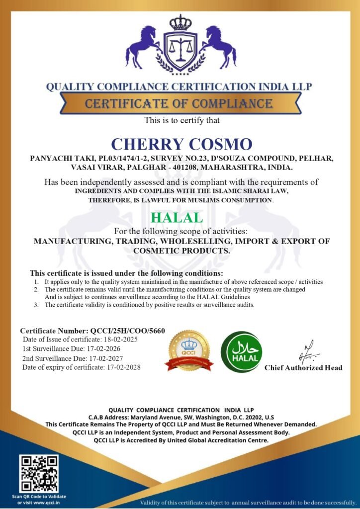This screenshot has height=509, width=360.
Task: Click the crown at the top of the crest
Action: click(180, 22)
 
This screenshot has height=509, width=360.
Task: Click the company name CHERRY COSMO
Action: click(181, 144)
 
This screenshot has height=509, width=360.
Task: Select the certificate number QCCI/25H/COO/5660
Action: click(128, 331)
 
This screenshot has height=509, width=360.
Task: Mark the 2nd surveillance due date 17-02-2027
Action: click(116, 358)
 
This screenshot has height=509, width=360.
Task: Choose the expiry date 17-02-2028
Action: click(124, 367)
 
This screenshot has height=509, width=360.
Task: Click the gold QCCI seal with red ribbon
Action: click(189, 350)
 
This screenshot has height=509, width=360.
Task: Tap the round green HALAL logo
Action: click(242, 352)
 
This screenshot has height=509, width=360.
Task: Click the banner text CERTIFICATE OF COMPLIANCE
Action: click(179, 104)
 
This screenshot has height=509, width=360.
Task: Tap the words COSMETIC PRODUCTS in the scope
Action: click(181, 251)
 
